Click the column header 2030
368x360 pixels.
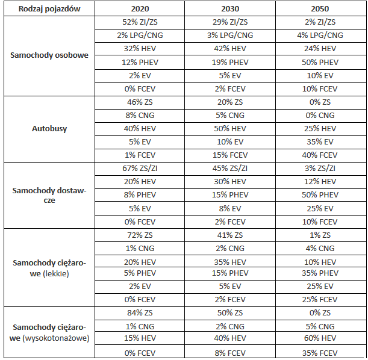coord(229,9)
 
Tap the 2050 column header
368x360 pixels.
coord(320,9)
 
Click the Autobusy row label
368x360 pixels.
coord(49,128)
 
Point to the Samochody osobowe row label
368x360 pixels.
coord(49,55)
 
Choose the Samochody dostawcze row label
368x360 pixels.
coord(49,194)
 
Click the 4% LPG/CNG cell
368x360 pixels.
coord(320,35)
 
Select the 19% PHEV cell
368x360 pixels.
coord(229,61)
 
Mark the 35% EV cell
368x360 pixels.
coord(320,141)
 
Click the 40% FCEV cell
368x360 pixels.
coord(320,155)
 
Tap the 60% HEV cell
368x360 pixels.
coord(320,339)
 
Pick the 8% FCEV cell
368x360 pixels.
coord(229,353)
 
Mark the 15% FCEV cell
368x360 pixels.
coord(229,155)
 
